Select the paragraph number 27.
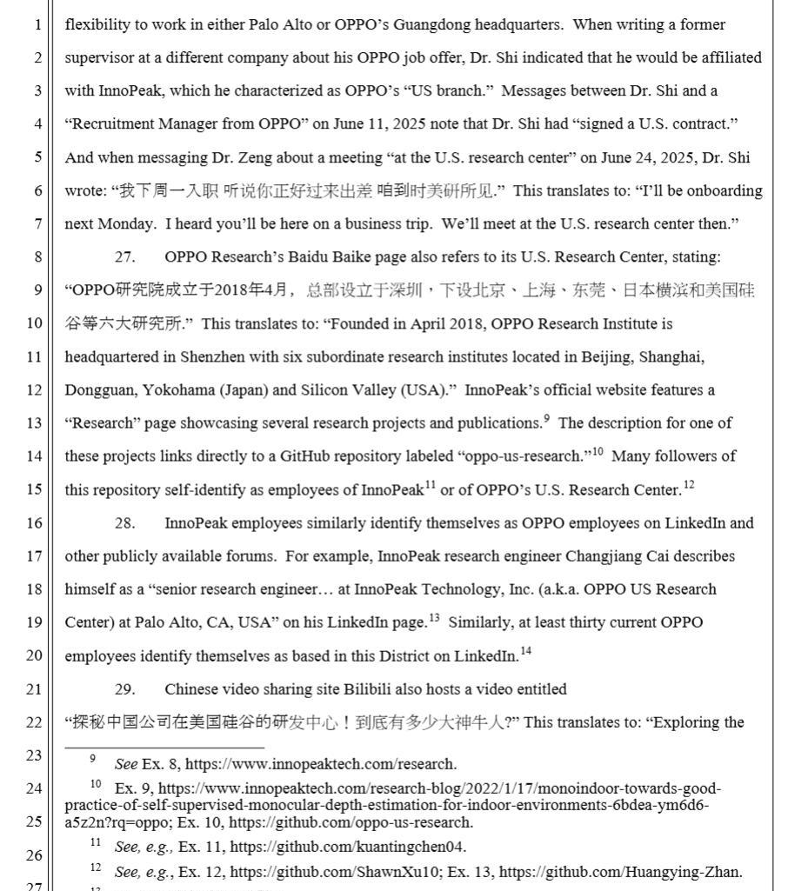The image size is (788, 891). point(125,257)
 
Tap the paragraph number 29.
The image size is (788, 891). point(125,689)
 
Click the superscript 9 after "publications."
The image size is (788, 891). point(547,419)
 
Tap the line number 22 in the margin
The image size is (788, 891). point(34,722)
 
